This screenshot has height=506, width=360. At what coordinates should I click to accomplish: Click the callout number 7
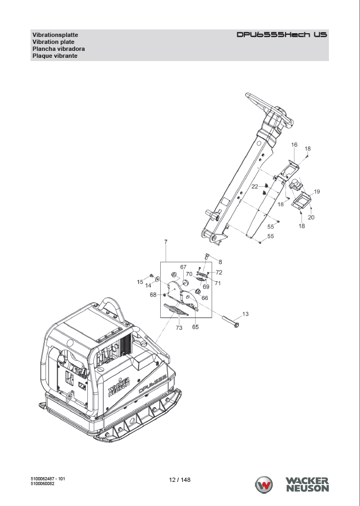(166, 241)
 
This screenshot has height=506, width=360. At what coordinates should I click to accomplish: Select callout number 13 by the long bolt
(245, 314)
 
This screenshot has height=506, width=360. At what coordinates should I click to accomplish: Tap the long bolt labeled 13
(230, 322)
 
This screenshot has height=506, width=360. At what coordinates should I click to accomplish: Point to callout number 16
(294, 145)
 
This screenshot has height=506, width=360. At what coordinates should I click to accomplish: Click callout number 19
(317, 192)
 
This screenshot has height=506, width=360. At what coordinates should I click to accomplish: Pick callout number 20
(311, 217)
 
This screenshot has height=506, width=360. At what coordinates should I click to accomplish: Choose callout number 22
(255, 186)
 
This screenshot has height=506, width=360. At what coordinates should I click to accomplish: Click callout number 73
(179, 328)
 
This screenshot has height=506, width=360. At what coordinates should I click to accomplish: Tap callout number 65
(196, 327)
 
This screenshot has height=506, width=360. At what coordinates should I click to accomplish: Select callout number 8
(220, 262)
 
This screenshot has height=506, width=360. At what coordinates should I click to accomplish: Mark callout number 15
(140, 282)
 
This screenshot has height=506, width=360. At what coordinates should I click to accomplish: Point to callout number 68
(153, 294)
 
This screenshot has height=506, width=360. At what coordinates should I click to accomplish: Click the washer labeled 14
(157, 279)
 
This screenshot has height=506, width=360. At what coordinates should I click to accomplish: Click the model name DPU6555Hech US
(282, 34)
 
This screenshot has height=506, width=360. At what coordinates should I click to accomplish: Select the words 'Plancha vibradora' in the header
(58, 49)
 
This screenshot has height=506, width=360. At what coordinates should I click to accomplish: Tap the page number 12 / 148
(180, 480)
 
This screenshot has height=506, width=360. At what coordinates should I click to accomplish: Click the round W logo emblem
(264, 485)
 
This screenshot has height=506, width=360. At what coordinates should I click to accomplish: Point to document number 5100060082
(43, 484)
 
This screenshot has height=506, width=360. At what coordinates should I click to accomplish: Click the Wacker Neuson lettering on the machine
(119, 387)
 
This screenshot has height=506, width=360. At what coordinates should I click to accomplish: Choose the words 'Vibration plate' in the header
(53, 42)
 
